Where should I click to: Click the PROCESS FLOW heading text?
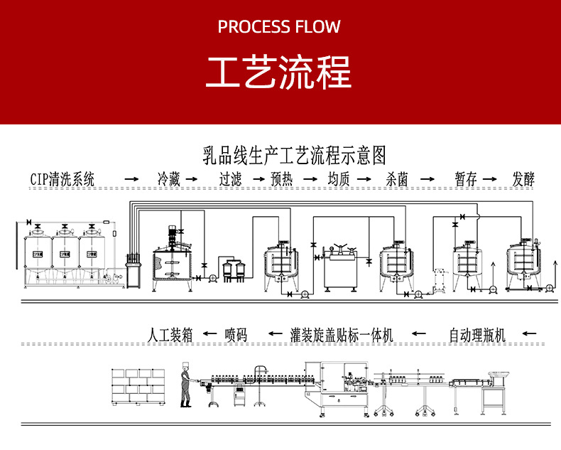pyautogui.click(x=279, y=27)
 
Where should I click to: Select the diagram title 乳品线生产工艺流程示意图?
pyautogui.click(x=294, y=154)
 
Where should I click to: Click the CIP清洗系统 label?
pyautogui.click(x=62, y=178)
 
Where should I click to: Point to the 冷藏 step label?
pyautogui.click(x=169, y=178)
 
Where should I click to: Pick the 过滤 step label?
pyautogui.click(x=230, y=178)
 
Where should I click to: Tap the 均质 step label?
pyautogui.click(x=339, y=178)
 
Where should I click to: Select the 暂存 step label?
pyautogui.click(x=466, y=178)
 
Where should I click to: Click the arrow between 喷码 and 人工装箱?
pyautogui.click(x=208, y=333)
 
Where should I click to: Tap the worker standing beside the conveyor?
pyautogui.click(x=186, y=386)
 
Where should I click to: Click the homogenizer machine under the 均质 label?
pyautogui.click(x=339, y=267)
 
